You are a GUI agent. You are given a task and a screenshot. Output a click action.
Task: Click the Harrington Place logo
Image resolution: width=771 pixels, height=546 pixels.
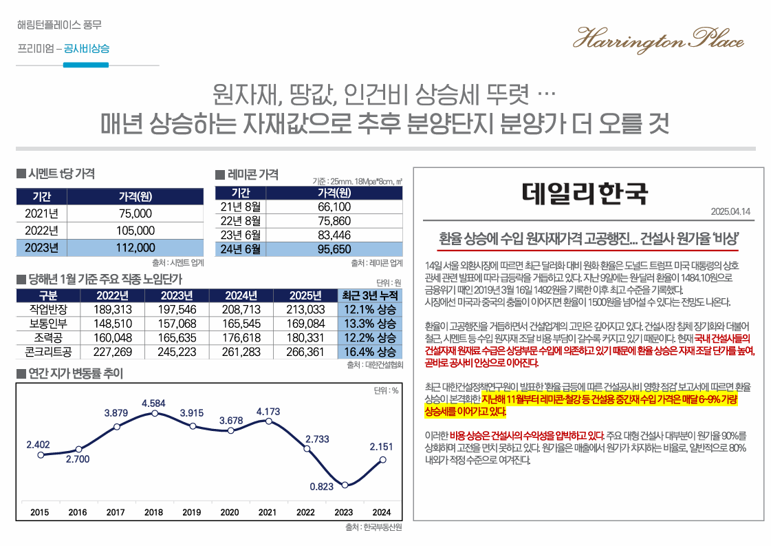click(658, 40)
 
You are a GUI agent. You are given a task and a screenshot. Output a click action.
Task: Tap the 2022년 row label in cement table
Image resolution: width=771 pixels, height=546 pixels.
click(41, 231)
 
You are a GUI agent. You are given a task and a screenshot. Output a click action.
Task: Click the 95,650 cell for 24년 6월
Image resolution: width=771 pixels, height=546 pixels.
click(334, 249)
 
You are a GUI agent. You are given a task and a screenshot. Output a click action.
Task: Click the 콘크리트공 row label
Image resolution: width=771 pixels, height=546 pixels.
click(48, 352)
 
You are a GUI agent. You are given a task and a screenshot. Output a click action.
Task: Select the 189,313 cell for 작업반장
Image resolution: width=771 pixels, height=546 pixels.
click(112, 310)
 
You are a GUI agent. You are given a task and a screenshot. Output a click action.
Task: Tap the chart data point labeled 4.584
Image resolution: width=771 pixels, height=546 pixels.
click(155, 414)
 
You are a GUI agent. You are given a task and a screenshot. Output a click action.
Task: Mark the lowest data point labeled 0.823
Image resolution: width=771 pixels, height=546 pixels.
click(345, 485)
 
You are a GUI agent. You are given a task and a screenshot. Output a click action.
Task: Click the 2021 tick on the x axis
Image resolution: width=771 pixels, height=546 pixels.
click(268, 512)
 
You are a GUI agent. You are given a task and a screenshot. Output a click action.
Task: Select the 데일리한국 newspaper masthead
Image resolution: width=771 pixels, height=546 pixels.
click(585, 193)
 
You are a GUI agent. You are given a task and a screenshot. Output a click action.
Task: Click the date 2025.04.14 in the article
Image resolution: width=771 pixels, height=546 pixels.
click(730, 211)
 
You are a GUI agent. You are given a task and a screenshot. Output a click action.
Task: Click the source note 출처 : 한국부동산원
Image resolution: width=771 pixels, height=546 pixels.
click(373, 528)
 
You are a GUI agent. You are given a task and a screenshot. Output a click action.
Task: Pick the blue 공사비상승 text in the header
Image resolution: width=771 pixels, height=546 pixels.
click(86, 49)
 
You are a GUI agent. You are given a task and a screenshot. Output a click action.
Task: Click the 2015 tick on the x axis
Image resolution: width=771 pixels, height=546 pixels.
click(40, 512)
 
